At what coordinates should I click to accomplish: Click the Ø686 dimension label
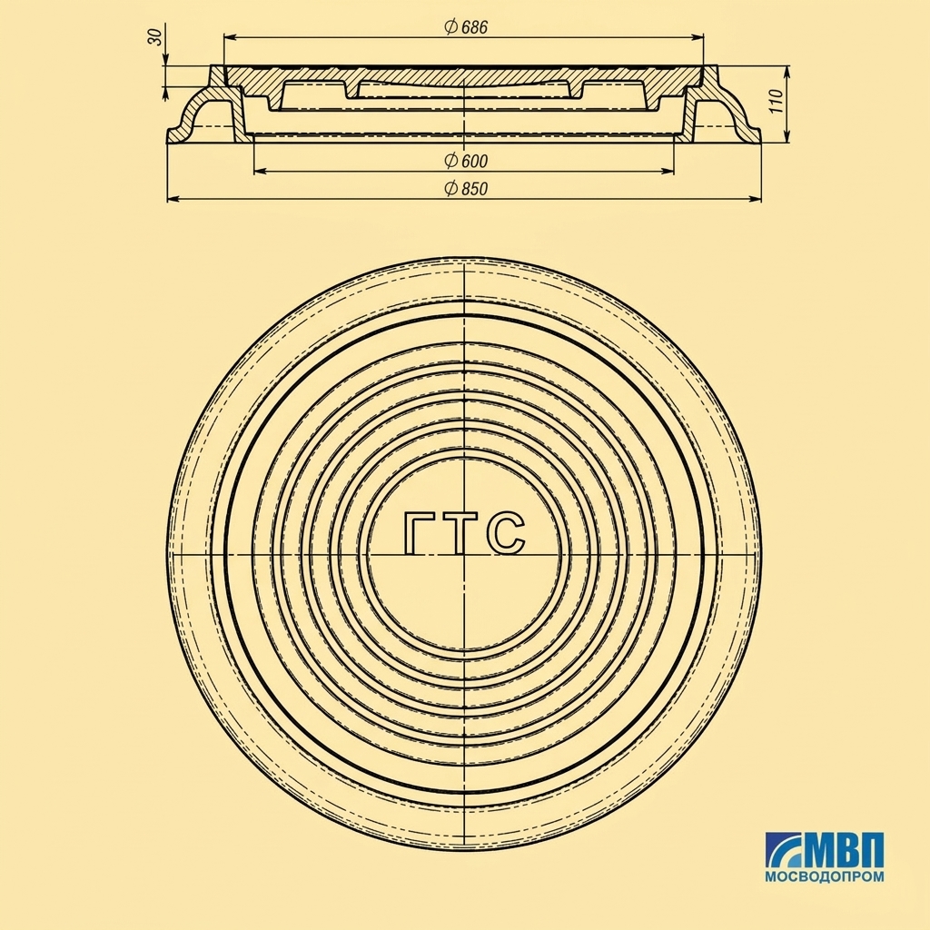point(466,27)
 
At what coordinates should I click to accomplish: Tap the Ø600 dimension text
point(466,160)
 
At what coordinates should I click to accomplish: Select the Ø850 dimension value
point(466,188)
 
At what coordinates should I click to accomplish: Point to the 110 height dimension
point(778,102)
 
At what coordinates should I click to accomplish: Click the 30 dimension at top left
point(154,36)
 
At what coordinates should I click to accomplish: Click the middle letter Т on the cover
point(460,533)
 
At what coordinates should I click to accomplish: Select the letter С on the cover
point(505,533)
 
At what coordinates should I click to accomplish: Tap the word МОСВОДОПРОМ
point(824,876)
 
